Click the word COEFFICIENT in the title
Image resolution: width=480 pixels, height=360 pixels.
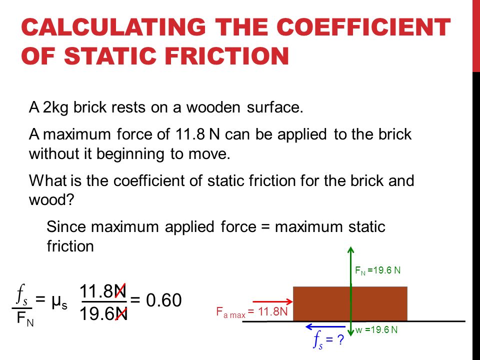point(363,27)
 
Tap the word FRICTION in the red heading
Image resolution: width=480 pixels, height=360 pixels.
point(227,56)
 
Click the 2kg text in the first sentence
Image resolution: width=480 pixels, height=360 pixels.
point(55,108)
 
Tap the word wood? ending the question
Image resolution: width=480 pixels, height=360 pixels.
point(51,199)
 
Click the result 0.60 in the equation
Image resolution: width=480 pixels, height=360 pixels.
point(164,300)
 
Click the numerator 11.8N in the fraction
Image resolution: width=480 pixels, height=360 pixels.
point(103,291)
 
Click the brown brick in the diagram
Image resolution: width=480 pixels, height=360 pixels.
point(350,303)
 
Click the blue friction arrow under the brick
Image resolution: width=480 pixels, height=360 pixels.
point(325,327)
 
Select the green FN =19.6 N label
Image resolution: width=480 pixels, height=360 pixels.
point(378,270)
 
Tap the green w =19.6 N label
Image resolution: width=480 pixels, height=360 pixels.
point(376,329)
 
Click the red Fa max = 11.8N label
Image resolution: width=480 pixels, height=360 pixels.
point(252,312)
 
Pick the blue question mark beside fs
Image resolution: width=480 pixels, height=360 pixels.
point(340,340)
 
